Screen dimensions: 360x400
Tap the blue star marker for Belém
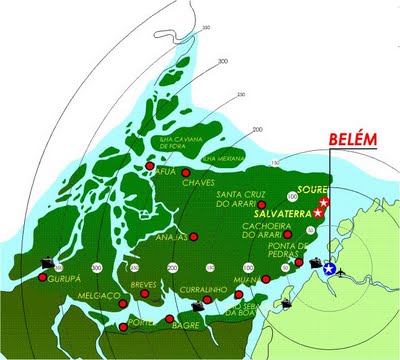330,268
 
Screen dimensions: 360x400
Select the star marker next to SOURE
324,201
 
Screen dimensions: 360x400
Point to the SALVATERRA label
284,214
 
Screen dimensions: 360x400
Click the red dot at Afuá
150,165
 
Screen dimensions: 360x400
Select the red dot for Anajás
194,237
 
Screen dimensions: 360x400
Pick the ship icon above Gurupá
46,261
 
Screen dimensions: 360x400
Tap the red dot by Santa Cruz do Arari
261,204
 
